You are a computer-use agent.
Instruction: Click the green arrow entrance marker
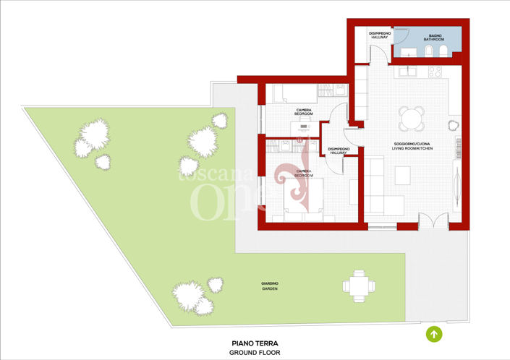click(x=433, y=334)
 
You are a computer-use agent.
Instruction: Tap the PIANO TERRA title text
click(x=255, y=343)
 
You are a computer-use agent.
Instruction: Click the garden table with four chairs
click(x=358, y=284)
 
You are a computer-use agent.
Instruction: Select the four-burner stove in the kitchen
click(x=435, y=72)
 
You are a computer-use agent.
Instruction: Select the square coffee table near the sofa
click(x=402, y=175)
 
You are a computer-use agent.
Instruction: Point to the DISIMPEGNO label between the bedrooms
click(x=339, y=150)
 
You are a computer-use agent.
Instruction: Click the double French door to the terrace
click(x=435, y=222)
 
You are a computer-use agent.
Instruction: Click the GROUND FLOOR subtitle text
click(x=255, y=353)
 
